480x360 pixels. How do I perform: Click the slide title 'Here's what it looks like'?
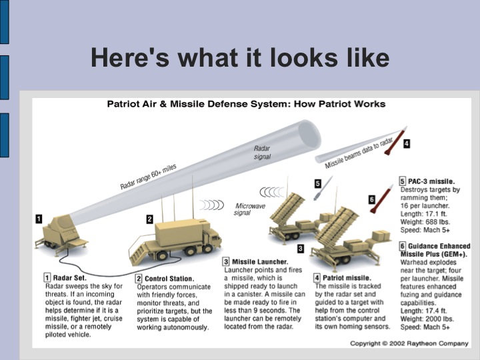240,58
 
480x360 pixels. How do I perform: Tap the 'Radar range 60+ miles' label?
148,177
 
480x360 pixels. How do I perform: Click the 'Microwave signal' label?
251,209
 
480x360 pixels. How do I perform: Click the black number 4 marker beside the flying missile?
406,143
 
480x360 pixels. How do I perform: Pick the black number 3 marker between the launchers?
300,248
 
